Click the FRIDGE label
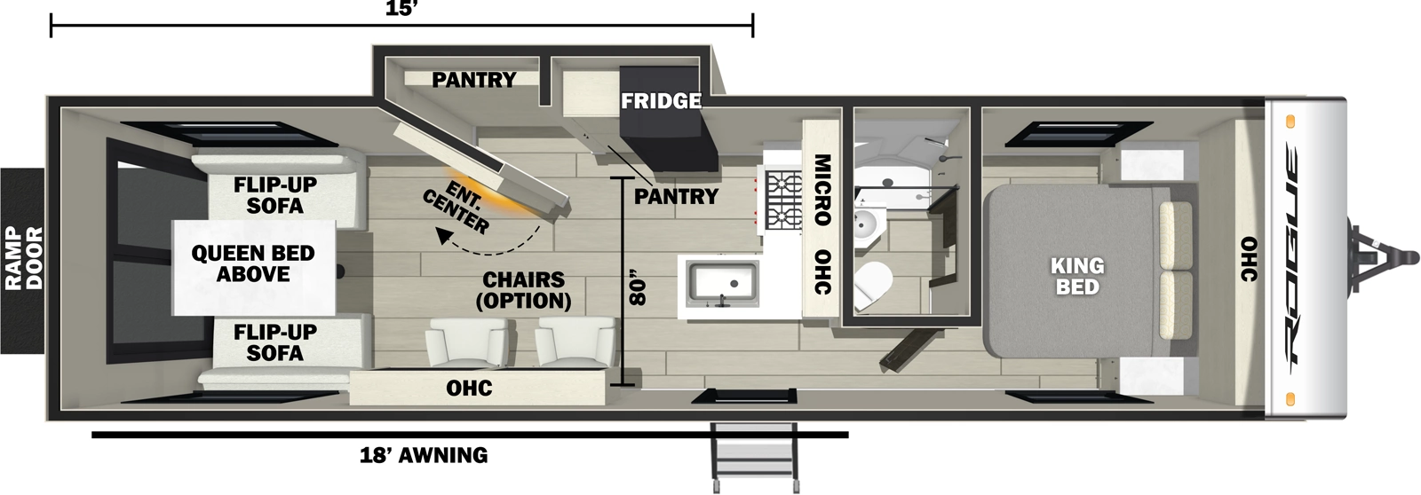pyautogui.click(x=661, y=101)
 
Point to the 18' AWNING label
pyautogui.click(x=424, y=456)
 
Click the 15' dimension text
pyautogui.click(x=401, y=10)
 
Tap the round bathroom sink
pyautogui.click(x=866, y=225)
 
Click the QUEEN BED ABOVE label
pyautogui.click(x=253, y=263)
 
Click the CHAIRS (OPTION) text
pyautogui.click(x=523, y=290)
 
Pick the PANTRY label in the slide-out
pyautogui.click(x=473, y=80)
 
